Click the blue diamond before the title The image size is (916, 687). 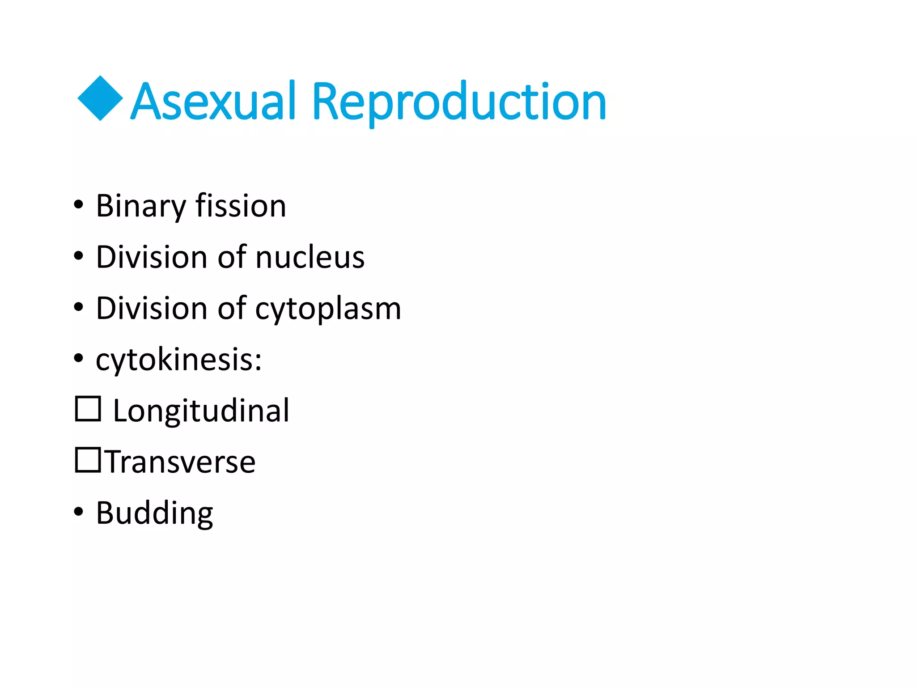click(100, 98)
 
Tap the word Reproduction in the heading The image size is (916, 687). click(459, 103)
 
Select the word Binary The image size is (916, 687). click(140, 207)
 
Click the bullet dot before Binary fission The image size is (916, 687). click(79, 205)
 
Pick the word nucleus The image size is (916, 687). click(310, 258)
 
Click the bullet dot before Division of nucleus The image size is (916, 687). click(79, 256)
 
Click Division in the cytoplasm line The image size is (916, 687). click(151, 309)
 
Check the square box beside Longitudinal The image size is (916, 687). click(88, 409)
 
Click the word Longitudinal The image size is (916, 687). click(201, 411)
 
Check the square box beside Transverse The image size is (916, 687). click(88, 460)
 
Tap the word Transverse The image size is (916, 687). click(180, 462)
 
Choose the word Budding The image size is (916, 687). click(154, 513)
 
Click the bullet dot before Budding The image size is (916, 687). click(79, 512)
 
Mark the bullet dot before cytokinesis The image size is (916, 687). click(79, 358)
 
